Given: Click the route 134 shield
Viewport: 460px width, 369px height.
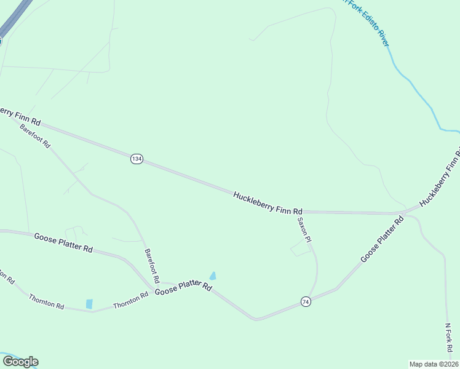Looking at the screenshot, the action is (x=137, y=159).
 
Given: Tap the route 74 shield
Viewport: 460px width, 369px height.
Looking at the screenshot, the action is (x=306, y=301).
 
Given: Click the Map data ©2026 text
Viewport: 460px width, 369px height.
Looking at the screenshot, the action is (x=434, y=363).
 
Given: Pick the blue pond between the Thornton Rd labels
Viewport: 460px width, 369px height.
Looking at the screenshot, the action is (x=89, y=304).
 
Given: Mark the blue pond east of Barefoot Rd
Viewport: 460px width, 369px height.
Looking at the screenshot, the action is (x=213, y=276).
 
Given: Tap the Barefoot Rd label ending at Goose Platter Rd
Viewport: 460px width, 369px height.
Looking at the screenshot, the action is (x=152, y=265).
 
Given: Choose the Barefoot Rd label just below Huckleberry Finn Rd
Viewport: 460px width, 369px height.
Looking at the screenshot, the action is (x=34, y=136).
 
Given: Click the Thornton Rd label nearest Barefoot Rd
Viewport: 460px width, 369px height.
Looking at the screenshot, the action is (x=130, y=300).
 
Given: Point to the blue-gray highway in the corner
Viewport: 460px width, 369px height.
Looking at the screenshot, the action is (x=14, y=18).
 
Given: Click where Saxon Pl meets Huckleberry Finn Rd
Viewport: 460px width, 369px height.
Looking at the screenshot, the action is (x=302, y=212).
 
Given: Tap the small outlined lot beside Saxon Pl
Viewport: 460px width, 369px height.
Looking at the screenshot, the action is (x=301, y=248).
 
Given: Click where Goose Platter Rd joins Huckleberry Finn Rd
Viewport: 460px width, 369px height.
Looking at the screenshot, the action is (x=403, y=213).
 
